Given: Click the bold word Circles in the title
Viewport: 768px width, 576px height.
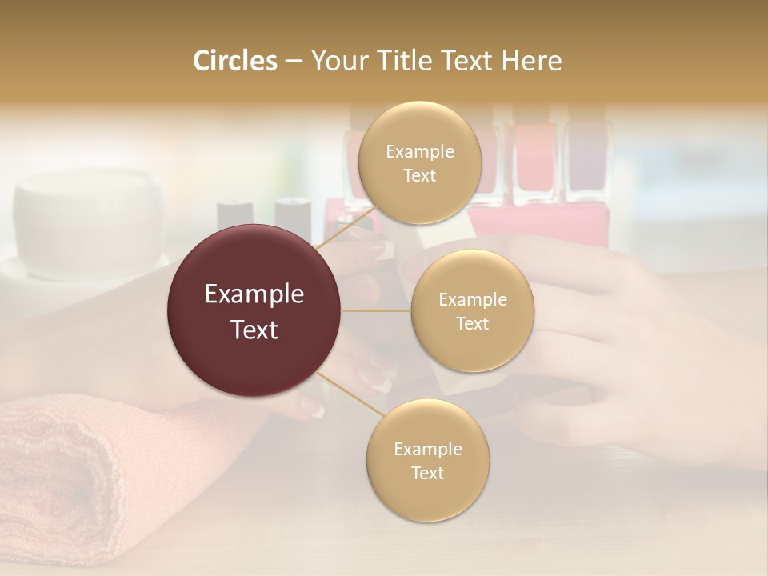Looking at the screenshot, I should (234, 61).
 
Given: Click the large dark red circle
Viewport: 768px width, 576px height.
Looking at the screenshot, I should (254, 310).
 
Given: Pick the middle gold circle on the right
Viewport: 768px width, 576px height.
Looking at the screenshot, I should (472, 311).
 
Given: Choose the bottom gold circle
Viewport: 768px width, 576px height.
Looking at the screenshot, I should (427, 461).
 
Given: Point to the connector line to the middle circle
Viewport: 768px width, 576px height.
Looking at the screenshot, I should (376, 310).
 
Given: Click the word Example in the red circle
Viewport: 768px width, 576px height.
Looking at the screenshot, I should (254, 294).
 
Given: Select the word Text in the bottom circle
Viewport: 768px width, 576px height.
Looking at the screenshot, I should (427, 473).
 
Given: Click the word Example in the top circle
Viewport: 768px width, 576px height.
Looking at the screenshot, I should (419, 152).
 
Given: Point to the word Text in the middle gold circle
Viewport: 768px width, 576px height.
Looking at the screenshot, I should (472, 323).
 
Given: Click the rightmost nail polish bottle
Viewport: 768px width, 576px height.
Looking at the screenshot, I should (588, 164).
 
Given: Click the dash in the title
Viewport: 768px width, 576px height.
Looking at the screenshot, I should (293, 61).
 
